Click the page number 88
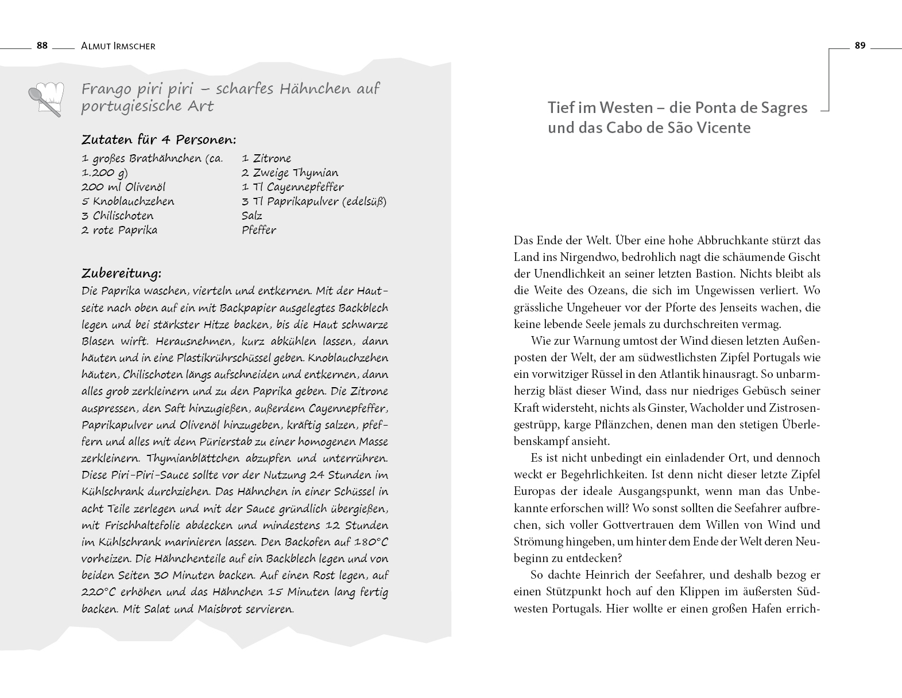tap(42, 46)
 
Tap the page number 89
tap(860, 46)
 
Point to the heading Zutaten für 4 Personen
tap(159, 140)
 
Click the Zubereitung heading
tap(121, 272)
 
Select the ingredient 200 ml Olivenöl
tap(123, 187)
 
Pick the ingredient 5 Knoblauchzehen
tap(128, 201)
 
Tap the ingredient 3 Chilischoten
tap(118, 216)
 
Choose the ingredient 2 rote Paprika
tap(119, 230)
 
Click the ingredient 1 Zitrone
tap(266, 158)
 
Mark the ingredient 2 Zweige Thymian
tap(290, 173)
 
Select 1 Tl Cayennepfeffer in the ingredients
tap(293, 187)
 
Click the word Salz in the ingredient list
tap(252, 216)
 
